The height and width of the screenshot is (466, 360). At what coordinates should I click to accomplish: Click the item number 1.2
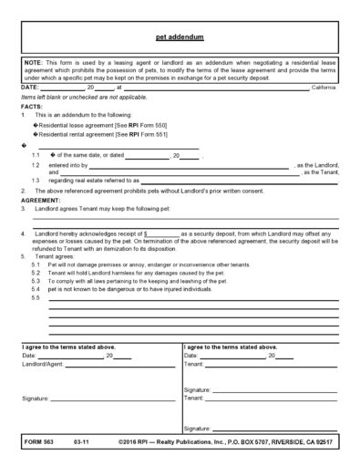pyautogui.click(x=36, y=165)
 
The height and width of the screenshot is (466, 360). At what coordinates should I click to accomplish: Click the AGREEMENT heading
pyautogui.click(x=40, y=198)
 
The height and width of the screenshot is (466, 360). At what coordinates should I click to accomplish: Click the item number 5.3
pyautogui.click(x=36, y=281)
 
